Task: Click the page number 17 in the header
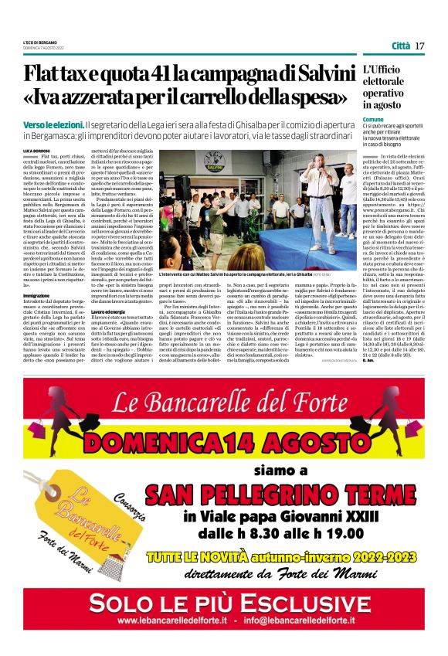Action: click(x=419, y=46)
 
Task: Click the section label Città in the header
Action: click(x=401, y=46)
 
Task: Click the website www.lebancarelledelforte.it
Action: click(x=172, y=620)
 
